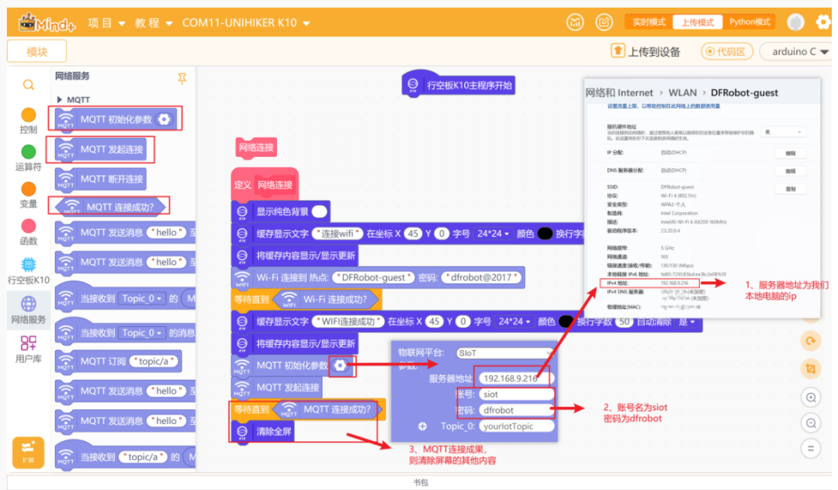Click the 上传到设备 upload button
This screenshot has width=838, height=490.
point(646,51)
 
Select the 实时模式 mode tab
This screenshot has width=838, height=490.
point(648,23)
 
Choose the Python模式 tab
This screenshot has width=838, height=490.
point(750,23)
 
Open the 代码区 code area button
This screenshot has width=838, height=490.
point(727,51)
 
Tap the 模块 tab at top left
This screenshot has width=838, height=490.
point(36,51)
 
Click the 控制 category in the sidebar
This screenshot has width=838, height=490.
point(29,121)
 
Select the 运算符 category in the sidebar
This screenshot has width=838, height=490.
point(29,158)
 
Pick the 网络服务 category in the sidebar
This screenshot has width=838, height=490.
point(29,310)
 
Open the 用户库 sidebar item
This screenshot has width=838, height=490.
point(29,349)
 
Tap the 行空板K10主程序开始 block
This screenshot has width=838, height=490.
point(459,85)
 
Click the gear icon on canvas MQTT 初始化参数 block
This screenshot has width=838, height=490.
point(341,365)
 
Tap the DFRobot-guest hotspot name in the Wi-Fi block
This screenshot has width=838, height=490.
point(372,277)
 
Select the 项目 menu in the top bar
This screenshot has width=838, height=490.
point(106,23)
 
